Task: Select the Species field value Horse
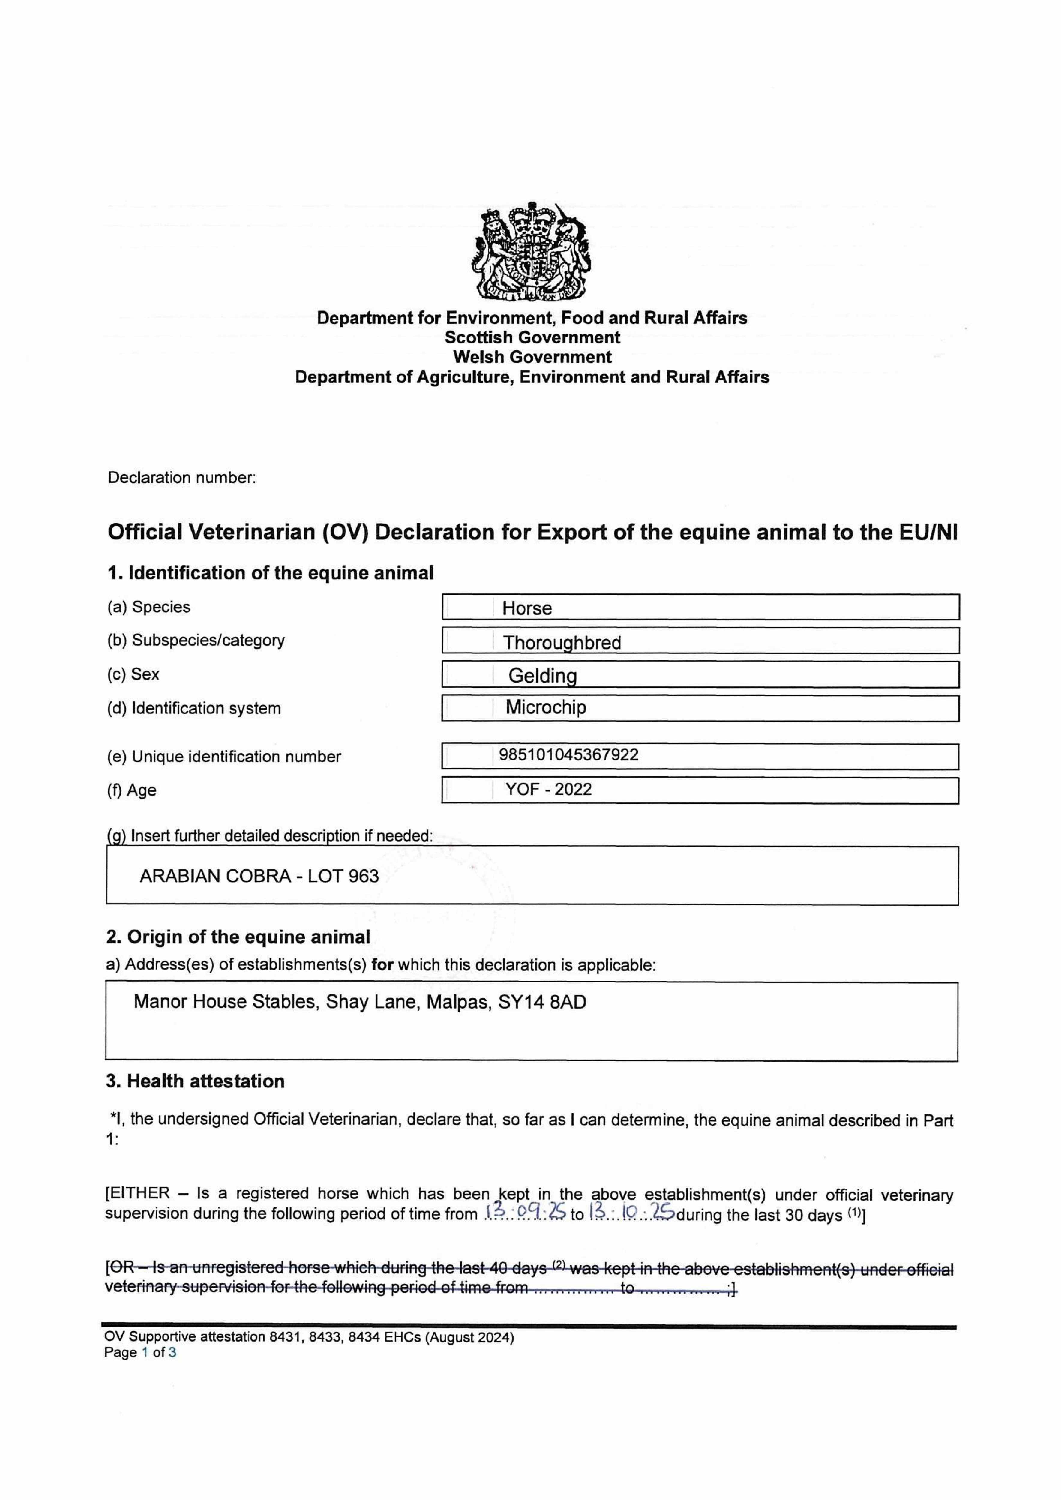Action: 526,608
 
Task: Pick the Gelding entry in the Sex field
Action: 542,676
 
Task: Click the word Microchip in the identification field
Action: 546,707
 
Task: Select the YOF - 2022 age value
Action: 548,789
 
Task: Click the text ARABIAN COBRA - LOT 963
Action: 259,876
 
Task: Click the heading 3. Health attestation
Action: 195,1081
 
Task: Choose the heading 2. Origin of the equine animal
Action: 238,937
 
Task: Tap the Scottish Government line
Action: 532,338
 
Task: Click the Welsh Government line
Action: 532,357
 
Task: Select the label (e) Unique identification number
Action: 223,757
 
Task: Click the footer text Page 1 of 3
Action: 140,1352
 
